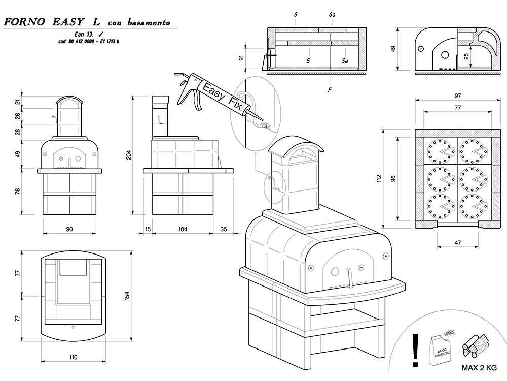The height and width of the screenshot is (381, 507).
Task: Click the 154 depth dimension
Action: coord(127,295)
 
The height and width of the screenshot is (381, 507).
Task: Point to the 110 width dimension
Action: coord(73,357)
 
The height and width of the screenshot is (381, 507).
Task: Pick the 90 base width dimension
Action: coord(69,229)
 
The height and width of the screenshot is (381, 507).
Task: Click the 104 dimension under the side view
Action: coord(183,229)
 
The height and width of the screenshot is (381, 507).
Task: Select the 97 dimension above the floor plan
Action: coord(457,96)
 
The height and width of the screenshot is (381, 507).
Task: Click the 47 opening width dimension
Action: coord(457,243)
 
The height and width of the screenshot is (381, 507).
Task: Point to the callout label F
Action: coord(330,90)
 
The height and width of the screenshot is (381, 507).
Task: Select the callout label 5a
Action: coord(345,61)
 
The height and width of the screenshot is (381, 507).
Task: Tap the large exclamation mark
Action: coord(416,350)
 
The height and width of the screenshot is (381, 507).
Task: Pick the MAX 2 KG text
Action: coord(479,367)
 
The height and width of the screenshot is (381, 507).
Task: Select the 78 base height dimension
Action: coord(18,192)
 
